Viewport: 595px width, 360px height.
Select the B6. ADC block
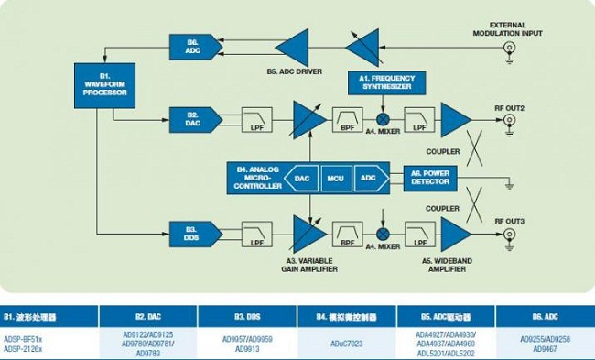[193, 46]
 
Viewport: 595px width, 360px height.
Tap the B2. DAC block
[193, 117]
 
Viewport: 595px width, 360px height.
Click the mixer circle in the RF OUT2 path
[384, 118]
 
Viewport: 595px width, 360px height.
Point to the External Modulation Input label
[503, 28]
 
